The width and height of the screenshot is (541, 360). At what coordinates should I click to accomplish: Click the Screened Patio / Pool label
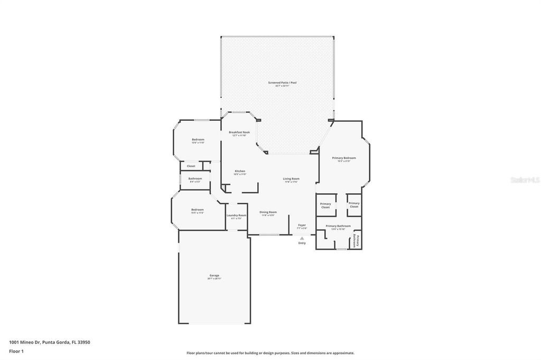pos(278,83)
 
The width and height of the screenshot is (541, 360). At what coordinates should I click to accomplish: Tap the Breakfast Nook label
pos(239,132)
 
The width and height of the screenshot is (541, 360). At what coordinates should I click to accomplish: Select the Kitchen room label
pos(240,171)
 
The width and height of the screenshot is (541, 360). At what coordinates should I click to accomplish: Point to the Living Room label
pos(291,179)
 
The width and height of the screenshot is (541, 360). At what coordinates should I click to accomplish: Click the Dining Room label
pos(268,212)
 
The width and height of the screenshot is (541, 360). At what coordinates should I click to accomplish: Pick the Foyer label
pos(302,225)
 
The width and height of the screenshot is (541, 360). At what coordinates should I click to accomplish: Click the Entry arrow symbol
pos(302,238)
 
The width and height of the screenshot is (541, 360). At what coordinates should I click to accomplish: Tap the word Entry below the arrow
pos(302,243)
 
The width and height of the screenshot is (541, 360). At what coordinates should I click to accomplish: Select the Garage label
pos(214,276)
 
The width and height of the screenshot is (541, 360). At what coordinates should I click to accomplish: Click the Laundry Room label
pos(236,215)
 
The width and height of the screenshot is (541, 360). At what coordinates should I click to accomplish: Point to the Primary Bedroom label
pos(343,158)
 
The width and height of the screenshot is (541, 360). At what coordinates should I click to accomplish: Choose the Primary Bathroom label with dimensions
pos(338,226)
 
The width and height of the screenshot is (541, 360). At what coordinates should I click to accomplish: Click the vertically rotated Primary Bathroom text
pos(356,241)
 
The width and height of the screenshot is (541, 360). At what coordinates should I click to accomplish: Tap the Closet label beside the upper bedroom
pos(191,166)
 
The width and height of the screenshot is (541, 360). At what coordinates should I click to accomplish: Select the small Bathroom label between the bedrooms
pos(195,179)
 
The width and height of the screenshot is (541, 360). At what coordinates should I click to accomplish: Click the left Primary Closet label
pos(325,205)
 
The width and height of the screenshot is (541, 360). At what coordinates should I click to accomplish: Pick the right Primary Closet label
pos(354,204)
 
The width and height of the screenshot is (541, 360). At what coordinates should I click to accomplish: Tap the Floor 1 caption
pos(16,351)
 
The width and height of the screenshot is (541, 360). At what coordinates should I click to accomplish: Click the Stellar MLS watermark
pos(525,180)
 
